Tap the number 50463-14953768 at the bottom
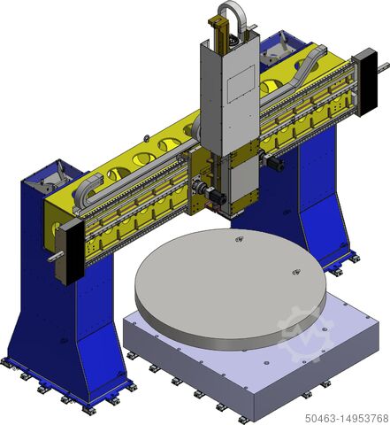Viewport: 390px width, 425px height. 347,418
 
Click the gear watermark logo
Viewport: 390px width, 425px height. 305,334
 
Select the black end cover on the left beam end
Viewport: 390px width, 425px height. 74,251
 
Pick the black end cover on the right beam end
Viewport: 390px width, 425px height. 369,82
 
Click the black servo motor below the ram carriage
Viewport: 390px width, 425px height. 218,197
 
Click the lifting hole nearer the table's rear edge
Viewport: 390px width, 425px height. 239,239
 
